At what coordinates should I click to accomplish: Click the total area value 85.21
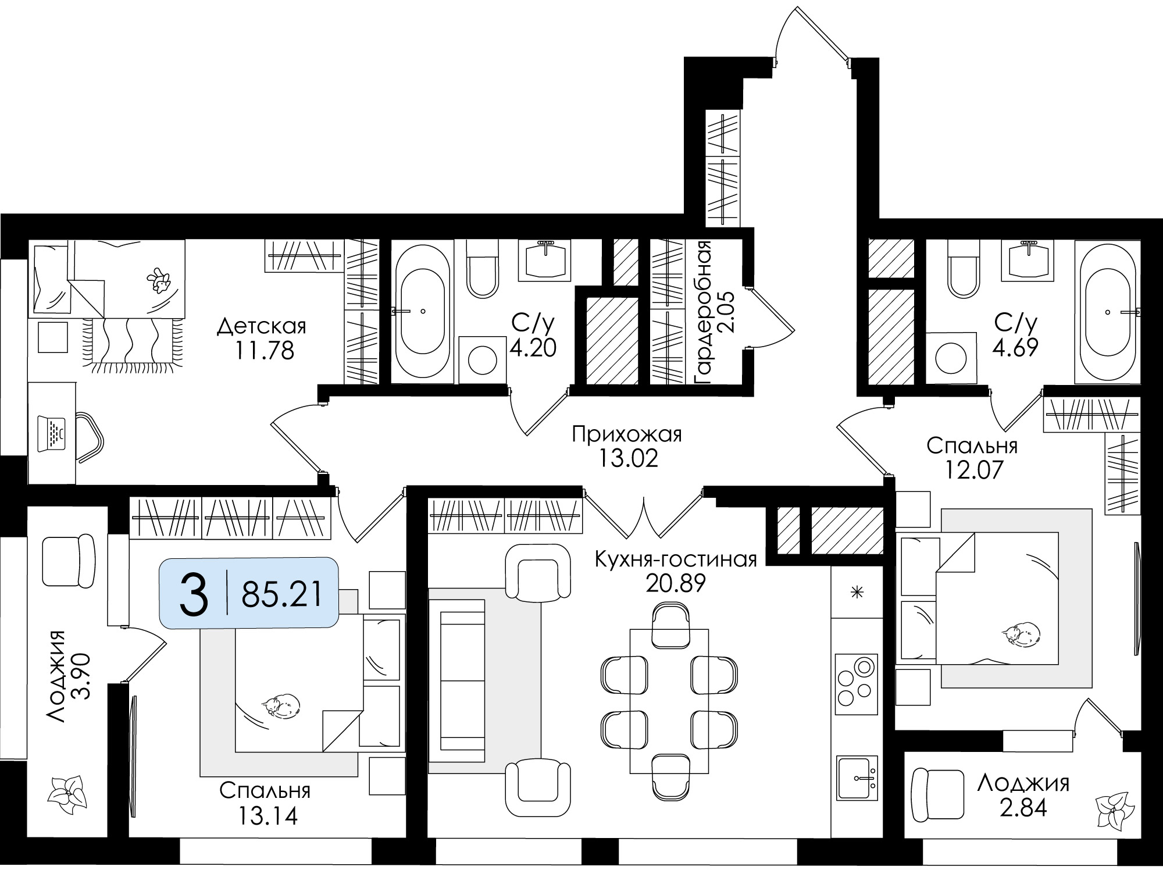pos(282,594)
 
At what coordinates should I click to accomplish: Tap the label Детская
pos(261,326)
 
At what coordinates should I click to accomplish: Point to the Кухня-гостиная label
pos(675,559)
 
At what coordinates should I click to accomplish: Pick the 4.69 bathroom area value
pos(1015,347)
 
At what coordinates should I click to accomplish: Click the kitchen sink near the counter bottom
pos(857,778)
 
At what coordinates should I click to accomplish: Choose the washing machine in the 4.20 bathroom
pos(481,359)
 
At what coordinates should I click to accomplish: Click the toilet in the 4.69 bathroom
pos(965,268)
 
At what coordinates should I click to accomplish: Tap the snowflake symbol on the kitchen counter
pos(855,593)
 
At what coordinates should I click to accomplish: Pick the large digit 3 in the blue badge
pos(194,593)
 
